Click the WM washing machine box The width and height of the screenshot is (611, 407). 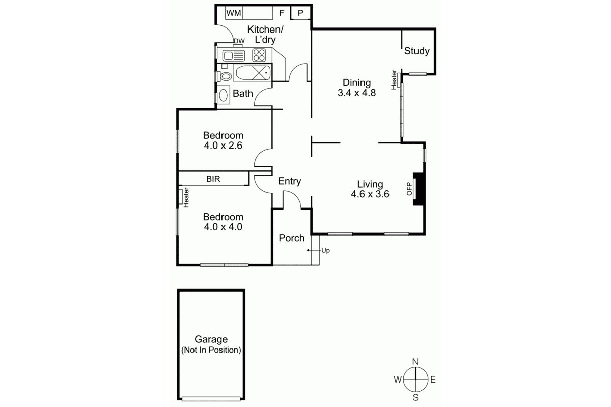[233, 13]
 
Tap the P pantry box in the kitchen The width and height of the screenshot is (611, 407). [300, 13]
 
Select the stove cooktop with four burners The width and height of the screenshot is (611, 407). [259, 54]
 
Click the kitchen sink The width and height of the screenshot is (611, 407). [234, 55]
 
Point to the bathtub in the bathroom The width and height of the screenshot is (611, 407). [253, 74]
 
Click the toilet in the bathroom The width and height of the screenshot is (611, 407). [225, 76]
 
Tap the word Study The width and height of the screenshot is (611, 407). [417, 51]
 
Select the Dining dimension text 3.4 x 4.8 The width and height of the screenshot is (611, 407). [356, 93]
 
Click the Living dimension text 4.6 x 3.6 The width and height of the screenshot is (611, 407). [370, 194]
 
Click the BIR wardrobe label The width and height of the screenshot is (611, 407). [213, 179]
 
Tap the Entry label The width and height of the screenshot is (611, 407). [289, 181]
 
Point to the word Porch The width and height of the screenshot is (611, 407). [292, 238]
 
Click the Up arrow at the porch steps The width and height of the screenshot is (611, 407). [310, 250]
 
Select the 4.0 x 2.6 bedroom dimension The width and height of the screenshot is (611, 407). [223, 146]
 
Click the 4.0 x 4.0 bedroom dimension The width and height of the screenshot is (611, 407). [223, 227]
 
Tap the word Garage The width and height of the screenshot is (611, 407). [211, 339]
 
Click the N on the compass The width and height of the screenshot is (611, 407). [415, 362]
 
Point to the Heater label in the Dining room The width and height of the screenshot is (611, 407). [394, 80]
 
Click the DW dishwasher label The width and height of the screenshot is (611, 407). [239, 41]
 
